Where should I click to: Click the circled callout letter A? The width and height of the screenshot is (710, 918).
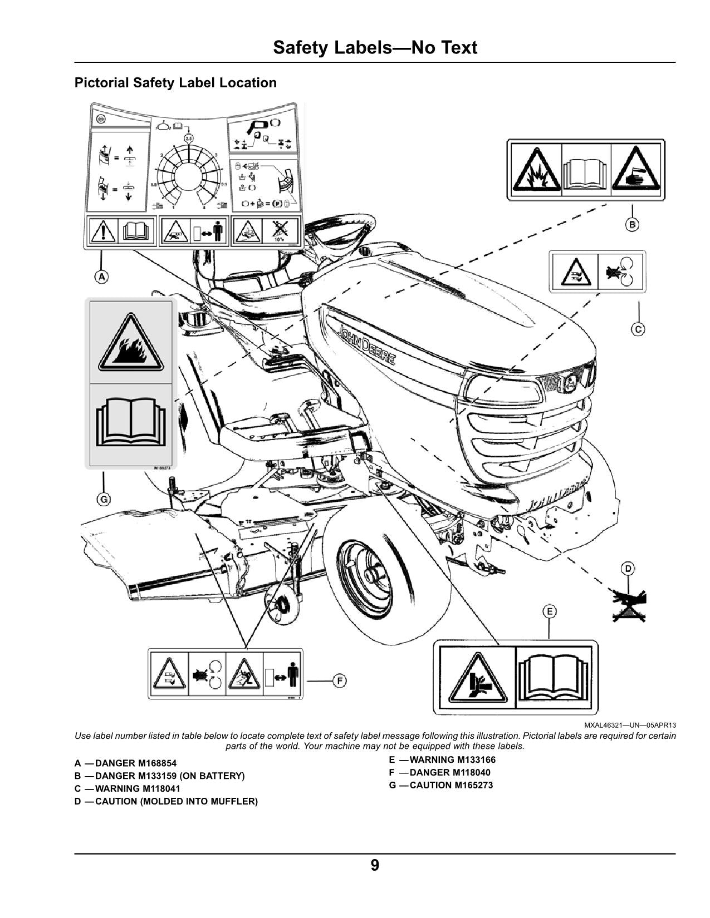(101, 277)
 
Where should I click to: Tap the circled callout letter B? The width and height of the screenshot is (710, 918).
(631, 225)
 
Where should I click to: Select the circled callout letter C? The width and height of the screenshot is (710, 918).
(638, 329)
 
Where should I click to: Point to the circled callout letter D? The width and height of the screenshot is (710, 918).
(628, 569)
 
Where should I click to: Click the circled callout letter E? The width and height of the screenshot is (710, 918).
(550, 612)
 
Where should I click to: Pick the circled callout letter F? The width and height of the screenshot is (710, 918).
(339, 680)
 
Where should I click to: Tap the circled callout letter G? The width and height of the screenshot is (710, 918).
(104, 500)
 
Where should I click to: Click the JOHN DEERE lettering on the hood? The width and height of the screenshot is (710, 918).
(367, 345)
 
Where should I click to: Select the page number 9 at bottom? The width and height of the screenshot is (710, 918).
(375, 866)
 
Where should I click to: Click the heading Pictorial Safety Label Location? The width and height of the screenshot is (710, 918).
(175, 83)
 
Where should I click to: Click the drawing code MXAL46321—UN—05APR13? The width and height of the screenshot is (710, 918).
(630, 725)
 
